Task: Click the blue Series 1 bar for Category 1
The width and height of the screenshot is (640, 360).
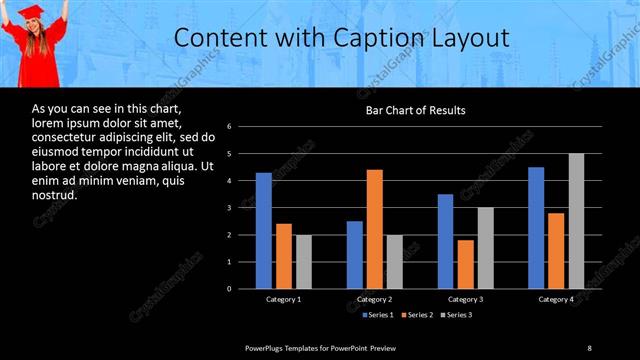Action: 263,231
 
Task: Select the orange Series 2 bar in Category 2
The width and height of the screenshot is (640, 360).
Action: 375,229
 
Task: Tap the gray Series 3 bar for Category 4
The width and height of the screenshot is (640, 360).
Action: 576,221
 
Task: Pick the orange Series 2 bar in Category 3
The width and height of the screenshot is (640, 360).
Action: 466,264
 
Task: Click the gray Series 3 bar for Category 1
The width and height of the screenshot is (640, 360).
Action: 303,262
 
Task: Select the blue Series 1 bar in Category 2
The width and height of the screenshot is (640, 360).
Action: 355,255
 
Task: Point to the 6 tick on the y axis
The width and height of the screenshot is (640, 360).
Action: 229,127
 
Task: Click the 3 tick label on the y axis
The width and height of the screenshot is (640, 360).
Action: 229,208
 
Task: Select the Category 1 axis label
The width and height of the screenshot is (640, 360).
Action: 283,299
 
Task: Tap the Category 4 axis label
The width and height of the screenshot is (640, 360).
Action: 556,299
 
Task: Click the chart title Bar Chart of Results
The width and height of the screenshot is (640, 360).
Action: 414,110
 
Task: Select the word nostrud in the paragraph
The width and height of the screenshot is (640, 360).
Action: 54,195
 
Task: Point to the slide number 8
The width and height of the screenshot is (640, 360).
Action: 589,347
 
